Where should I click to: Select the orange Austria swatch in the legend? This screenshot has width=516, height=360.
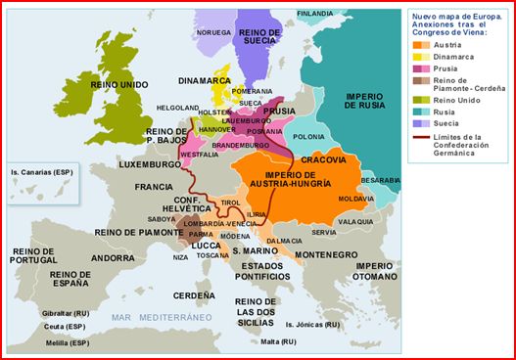[x=419, y=45]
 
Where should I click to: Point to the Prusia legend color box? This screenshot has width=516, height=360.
[x=419, y=69]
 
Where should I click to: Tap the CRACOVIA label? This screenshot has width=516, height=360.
[x=322, y=158]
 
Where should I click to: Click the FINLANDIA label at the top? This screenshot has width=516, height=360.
[x=314, y=13]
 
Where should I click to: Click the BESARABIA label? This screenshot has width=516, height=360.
[x=381, y=181]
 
